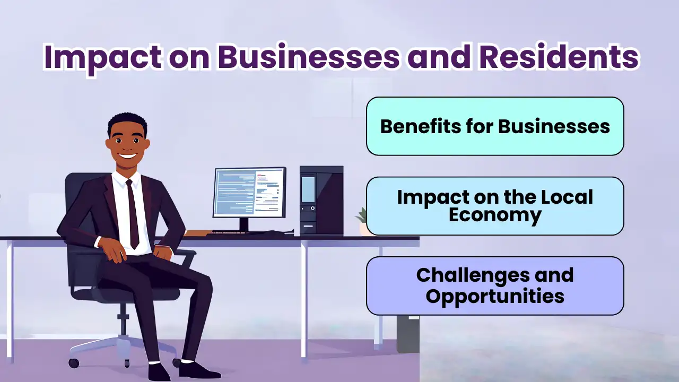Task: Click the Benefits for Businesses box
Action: point(495,126)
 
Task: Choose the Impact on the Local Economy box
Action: point(495,206)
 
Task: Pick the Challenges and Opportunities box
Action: point(495,286)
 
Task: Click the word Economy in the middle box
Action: point(495,215)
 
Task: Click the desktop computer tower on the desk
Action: point(321,200)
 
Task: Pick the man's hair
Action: point(127,123)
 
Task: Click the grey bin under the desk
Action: point(408,334)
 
